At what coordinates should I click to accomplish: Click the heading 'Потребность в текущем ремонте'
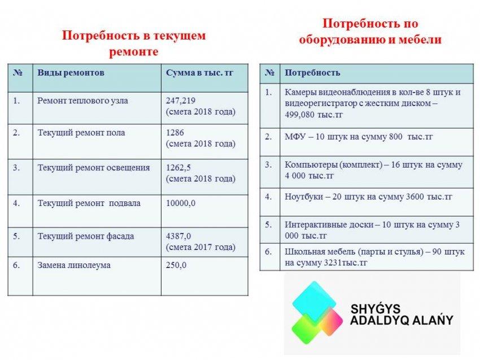pyautogui.click(x=134, y=43)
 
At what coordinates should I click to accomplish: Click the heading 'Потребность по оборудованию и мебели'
pyautogui.click(x=370, y=32)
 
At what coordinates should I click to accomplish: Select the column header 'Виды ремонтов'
pyautogui.click(x=71, y=73)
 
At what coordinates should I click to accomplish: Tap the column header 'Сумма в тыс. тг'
pyautogui.click(x=199, y=73)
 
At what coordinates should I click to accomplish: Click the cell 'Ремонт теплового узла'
pyautogui.click(x=82, y=101)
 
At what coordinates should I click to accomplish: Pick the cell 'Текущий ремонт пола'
pyautogui.click(x=81, y=133)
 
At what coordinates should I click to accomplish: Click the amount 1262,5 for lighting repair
pyautogui.click(x=178, y=168)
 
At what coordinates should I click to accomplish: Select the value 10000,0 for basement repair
pyautogui.click(x=181, y=203)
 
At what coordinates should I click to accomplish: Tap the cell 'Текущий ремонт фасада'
pyautogui.click(x=86, y=236)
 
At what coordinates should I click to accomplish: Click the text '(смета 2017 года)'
pyautogui.click(x=200, y=247)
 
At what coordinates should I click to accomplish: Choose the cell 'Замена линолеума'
pyautogui.click(x=74, y=265)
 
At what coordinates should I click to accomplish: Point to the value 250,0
pyautogui.click(x=176, y=265)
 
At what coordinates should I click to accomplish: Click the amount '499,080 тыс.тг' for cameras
pyautogui.click(x=314, y=115)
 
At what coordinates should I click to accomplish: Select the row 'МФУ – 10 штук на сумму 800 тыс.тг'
pyautogui.click(x=359, y=137)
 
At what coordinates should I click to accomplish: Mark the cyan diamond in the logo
pyautogui.click(x=314, y=301)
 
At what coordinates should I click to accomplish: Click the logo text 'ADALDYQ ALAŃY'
pyautogui.click(x=402, y=321)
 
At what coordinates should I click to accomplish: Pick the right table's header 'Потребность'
pyautogui.click(x=312, y=73)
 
